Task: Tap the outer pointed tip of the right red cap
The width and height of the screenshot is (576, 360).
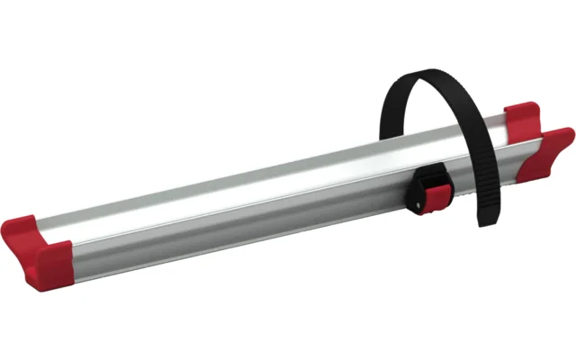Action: (x=569, y=134)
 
